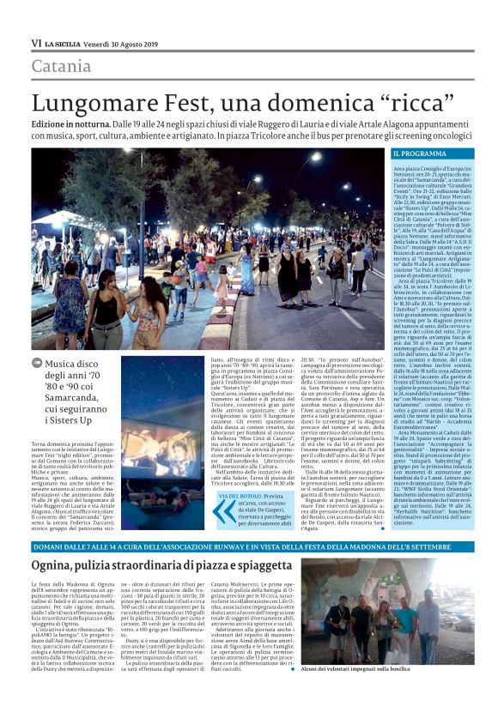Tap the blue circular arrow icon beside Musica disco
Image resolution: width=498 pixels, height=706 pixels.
pos(36,364)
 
